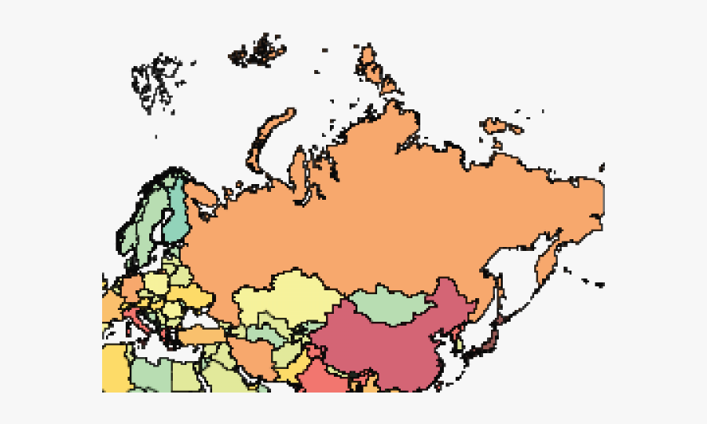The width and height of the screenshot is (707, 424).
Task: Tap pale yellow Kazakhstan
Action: click(x=287, y=295)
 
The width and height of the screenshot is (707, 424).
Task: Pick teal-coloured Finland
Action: click(x=177, y=208)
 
